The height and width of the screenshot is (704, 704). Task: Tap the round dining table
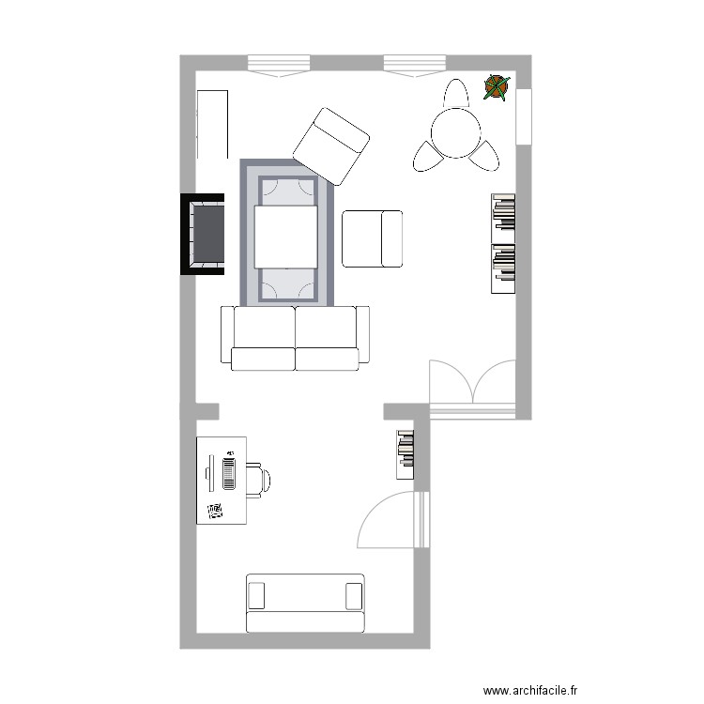point(455,133)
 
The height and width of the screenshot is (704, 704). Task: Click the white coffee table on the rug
point(286,237)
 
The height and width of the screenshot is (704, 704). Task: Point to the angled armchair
point(331,145)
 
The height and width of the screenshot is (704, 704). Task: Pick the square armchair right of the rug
point(372,238)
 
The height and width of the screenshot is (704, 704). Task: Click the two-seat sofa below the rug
point(295,338)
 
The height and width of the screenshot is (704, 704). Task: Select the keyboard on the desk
point(228,472)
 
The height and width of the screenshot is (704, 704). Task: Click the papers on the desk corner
point(216,512)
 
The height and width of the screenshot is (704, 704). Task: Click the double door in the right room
point(473,385)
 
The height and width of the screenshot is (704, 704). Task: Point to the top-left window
point(279,65)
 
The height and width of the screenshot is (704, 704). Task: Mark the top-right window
point(413,65)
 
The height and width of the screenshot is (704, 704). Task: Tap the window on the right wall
point(523,116)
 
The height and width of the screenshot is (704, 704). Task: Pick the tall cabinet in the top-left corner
point(212,125)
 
